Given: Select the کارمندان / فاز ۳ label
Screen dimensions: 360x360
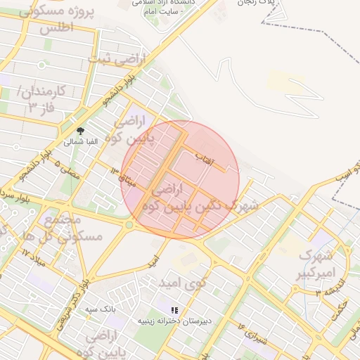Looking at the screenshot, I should [x=41, y=98].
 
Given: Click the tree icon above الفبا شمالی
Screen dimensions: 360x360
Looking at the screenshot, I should [x=80, y=131].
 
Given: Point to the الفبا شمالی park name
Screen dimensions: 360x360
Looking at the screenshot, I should [x=78, y=141].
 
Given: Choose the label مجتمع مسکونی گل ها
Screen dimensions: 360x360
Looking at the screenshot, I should [x=73, y=229].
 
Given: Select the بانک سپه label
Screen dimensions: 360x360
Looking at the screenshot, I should [x=100, y=309].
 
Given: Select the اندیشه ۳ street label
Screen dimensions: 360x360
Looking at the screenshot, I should [x=328, y=289].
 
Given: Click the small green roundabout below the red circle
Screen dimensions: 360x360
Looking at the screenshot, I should [x=129, y=225].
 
